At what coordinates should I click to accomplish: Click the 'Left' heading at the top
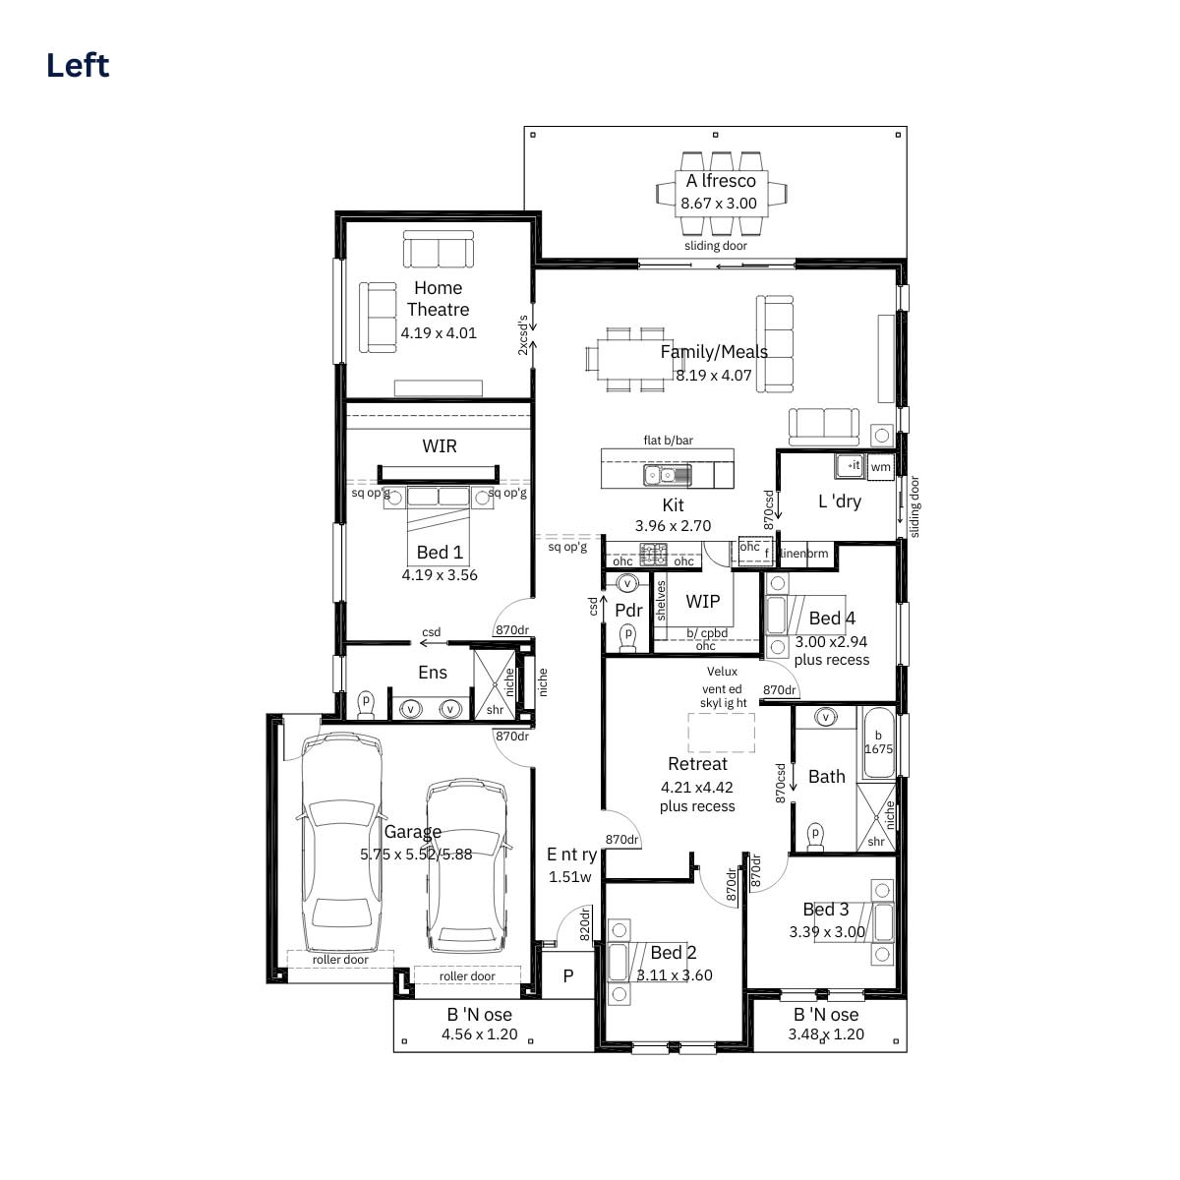[x=78, y=66]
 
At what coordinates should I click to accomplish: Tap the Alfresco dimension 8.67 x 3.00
[x=719, y=204]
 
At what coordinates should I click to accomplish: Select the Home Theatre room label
[x=438, y=298]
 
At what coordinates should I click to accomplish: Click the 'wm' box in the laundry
[x=880, y=467]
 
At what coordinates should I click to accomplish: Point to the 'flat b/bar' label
[x=668, y=441]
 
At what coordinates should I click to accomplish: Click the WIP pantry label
[x=702, y=601]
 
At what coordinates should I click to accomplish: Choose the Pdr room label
[x=628, y=610]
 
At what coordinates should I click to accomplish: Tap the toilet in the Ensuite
[x=367, y=705]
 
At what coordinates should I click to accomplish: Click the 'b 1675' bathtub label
[x=878, y=742]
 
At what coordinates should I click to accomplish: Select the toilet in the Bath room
[x=814, y=836]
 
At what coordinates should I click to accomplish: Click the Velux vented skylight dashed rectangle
[x=721, y=733]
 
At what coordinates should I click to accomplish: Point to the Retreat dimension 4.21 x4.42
[x=697, y=787]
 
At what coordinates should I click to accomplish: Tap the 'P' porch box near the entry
[x=567, y=976]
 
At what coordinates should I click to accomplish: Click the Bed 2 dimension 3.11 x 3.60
[x=674, y=975]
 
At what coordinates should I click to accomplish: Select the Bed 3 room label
[x=825, y=910]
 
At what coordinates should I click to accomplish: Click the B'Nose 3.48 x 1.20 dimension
[x=825, y=1034]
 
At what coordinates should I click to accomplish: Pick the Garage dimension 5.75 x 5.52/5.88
[x=416, y=855]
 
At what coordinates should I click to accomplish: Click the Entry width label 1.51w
[x=570, y=877]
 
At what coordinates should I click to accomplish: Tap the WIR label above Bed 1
[x=439, y=445]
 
